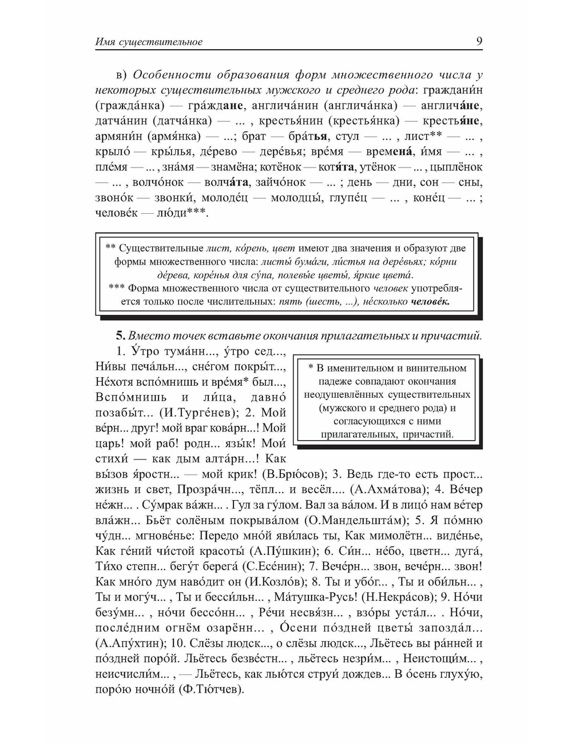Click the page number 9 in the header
point(478,41)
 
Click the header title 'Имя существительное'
point(149,42)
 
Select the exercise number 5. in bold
point(121,335)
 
